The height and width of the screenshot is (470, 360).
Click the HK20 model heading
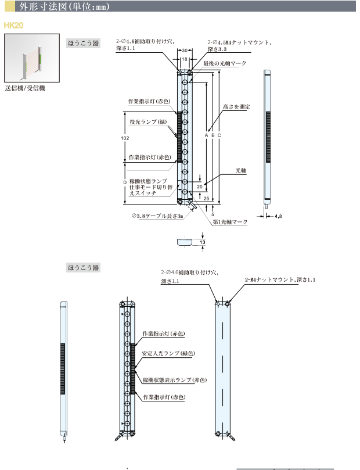[x=12, y=26]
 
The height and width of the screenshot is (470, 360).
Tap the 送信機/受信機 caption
[x=24, y=89]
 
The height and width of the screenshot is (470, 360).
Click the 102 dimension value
[x=125, y=138]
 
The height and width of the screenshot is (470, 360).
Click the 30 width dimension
[x=184, y=51]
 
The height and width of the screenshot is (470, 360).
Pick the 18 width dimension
[x=185, y=59]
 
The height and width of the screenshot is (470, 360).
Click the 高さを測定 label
[x=236, y=107]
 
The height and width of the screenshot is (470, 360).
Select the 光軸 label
[x=241, y=171]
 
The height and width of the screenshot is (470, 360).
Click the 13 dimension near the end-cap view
[x=202, y=241]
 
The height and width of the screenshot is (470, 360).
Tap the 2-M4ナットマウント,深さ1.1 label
[x=280, y=280]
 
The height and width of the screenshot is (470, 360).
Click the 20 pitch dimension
[x=199, y=186]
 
